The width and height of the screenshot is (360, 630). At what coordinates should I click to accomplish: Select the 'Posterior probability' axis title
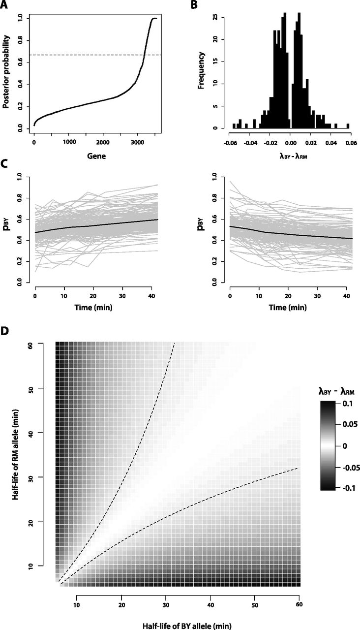click(x=8, y=74)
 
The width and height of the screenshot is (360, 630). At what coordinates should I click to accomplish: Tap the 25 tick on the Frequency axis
click(x=215, y=18)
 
